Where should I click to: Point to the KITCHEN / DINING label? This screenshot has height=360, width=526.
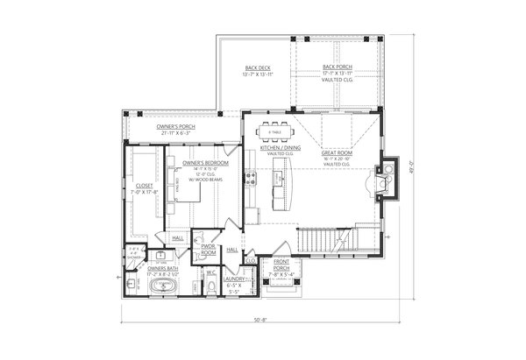280,149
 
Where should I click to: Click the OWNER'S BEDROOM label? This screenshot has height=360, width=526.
205,163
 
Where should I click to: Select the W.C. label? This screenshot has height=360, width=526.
211,273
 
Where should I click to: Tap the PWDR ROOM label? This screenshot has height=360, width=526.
208,250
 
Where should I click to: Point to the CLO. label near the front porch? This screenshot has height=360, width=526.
250,260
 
